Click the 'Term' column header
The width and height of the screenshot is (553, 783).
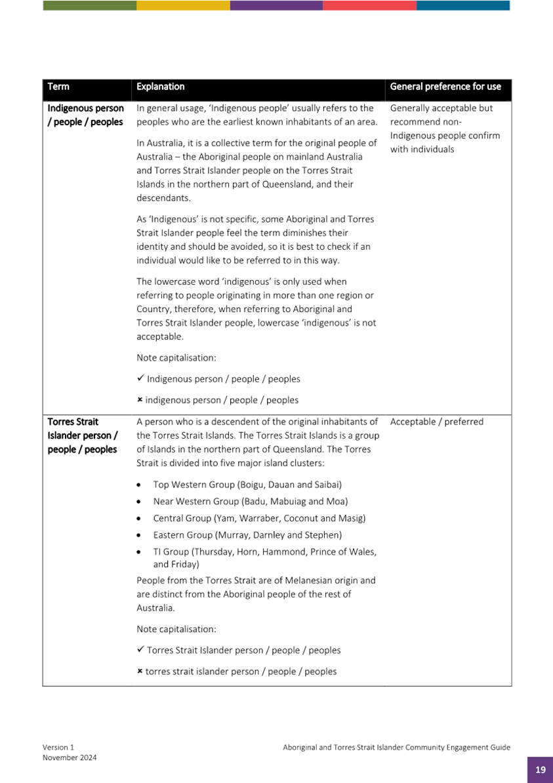point(58,87)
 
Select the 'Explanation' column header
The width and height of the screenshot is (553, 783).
point(161,87)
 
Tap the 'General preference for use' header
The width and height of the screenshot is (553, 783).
point(445,87)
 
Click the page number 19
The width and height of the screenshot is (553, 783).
point(540,770)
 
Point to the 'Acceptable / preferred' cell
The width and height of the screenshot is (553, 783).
point(436,422)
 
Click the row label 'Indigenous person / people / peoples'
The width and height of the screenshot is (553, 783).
point(85,115)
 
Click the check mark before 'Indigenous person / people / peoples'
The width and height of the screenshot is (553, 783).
point(140,378)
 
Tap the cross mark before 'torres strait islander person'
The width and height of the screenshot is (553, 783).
point(140,672)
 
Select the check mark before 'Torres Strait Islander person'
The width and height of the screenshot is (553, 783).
point(140,650)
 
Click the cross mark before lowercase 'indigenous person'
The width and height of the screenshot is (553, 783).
point(140,400)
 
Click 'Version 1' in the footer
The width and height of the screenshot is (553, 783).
point(59,747)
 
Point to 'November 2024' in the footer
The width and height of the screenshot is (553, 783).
point(70,757)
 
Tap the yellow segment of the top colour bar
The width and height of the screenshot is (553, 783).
point(183,5)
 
